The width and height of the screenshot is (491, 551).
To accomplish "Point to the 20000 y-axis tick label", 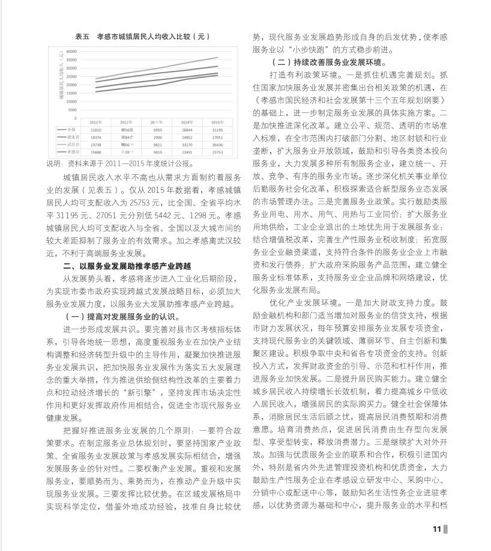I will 71,85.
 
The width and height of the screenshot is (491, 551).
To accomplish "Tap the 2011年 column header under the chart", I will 96,122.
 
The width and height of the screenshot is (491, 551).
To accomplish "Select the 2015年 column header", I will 218,122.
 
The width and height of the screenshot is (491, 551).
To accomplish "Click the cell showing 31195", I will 218,130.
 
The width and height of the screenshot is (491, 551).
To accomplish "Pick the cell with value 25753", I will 218,153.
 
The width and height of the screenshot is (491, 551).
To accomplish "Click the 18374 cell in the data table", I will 96,138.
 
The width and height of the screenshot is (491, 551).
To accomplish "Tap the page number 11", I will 436,529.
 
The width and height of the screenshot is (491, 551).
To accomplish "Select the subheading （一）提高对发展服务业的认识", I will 121,317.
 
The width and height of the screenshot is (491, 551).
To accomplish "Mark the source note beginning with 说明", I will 120,163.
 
